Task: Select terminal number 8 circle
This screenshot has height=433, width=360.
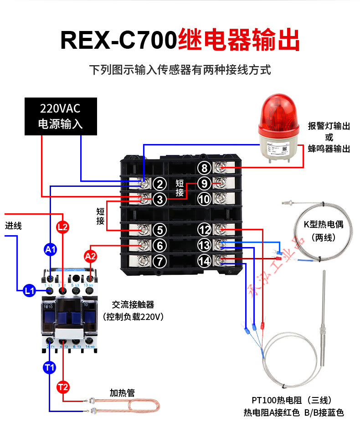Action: click(205, 168)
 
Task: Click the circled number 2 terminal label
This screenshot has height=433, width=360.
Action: click(159, 184)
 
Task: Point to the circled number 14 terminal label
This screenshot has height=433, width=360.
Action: click(205, 261)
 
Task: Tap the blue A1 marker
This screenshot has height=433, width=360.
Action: click(50, 249)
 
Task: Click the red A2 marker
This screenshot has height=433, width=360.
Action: click(90, 256)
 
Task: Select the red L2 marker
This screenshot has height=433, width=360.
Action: click(62, 227)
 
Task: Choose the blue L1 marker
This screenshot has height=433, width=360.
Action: click(30, 290)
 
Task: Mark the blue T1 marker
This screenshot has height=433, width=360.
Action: click(49, 367)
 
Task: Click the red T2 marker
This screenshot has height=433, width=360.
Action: click(63, 387)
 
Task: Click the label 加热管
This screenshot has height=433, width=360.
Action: click(122, 393)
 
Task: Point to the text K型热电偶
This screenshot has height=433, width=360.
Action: click(323, 224)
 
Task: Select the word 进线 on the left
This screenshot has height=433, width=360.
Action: click(13, 226)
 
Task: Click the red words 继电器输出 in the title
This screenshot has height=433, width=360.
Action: click(239, 40)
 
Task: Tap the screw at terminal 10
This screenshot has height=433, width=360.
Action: click(219, 199)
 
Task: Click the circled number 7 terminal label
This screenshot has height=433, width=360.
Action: click(159, 261)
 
